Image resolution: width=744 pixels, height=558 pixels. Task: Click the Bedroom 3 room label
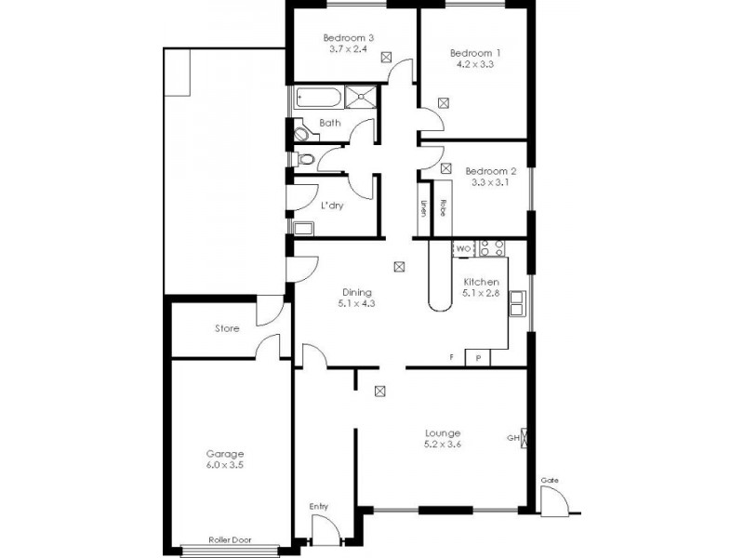point(349,38)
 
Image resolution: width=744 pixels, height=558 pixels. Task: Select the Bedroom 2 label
point(490,171)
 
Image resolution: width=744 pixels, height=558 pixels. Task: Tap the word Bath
point(330,123)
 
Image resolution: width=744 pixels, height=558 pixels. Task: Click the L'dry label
point(332,206)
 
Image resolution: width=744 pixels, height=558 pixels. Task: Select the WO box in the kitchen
point(463,248)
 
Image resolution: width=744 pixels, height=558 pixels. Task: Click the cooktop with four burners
point(492,248)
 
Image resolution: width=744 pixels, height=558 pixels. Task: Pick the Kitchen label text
point(482,282)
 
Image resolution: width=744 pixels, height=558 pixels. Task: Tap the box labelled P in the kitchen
point(478,358)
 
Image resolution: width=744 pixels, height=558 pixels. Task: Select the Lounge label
point(443,432)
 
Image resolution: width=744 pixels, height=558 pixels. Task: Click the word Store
point(227,328)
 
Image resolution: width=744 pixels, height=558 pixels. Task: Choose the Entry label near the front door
point(318,506)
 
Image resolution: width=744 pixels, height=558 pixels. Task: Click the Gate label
point(550,480)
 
